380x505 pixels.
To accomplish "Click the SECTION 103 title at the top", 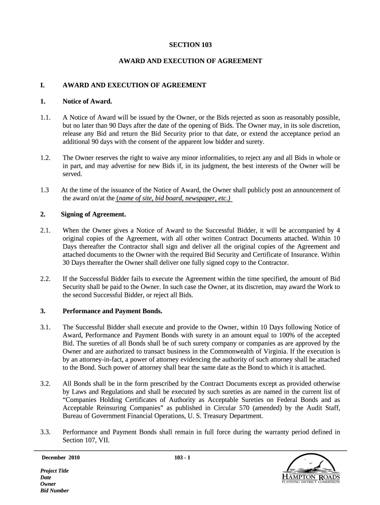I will tap(190, 45).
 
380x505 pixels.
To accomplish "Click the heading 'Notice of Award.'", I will tap(87, 102).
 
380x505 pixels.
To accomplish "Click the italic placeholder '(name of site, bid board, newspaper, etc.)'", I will tap(174, 198).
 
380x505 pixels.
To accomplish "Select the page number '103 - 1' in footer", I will tap(182, 458).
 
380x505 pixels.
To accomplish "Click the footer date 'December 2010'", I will tap(60, 458).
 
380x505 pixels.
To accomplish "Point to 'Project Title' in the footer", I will tap(54, 471).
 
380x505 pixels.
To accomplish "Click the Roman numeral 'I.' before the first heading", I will tap(43, 85).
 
